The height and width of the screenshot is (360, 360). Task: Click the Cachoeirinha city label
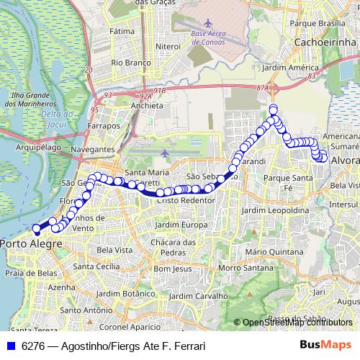coord(326,43)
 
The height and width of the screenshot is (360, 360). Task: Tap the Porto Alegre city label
coord(31,245)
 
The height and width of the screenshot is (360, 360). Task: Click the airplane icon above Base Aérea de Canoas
coord(208,23)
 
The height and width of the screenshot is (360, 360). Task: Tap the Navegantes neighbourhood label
coord(94,149)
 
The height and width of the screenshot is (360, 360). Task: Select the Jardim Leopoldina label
coord(269,210)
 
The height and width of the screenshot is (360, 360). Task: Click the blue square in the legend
coord(10,346)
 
